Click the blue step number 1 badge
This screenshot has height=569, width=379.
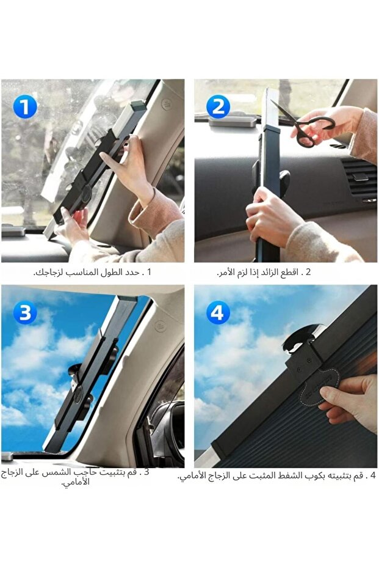pos(25,107)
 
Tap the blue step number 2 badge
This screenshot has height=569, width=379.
pos(218,107)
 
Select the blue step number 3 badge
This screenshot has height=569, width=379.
pos(25,312)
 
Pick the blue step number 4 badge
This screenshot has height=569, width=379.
pos(218,312)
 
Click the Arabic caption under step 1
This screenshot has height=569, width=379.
pos(92,272)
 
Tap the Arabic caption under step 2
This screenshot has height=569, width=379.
pos(264,272)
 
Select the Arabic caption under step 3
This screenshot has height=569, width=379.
pos(75,477)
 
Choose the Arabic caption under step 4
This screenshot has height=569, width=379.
pos(277,475)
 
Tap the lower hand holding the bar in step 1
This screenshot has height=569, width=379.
pos(74,225)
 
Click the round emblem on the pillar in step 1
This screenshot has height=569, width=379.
pos(166,104)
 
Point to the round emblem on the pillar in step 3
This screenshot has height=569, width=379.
pos(160,326)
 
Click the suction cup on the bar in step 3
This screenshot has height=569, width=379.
pos(74,374)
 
